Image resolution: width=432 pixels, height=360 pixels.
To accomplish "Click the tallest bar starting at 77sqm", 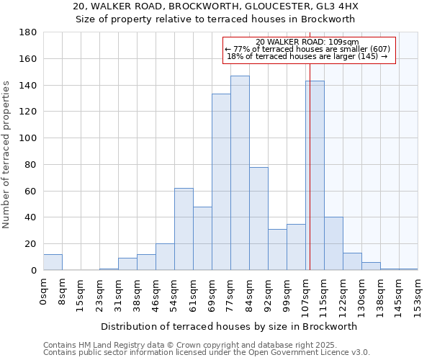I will tap(240, 173).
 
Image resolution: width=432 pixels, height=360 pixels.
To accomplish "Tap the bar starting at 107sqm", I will tap(315, 176).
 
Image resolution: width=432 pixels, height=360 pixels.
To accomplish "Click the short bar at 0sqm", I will tap(53, 262).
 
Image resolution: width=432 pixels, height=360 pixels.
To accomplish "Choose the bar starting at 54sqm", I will tap(184, 229).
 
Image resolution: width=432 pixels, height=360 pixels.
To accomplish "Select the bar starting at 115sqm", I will tap(333, 243).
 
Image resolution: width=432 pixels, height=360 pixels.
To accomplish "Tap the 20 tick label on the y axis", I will tap(31, 244).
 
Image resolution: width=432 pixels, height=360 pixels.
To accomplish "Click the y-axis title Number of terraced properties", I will tap(6, 155).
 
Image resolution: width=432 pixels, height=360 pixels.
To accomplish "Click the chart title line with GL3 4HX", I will tap(216, 6).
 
